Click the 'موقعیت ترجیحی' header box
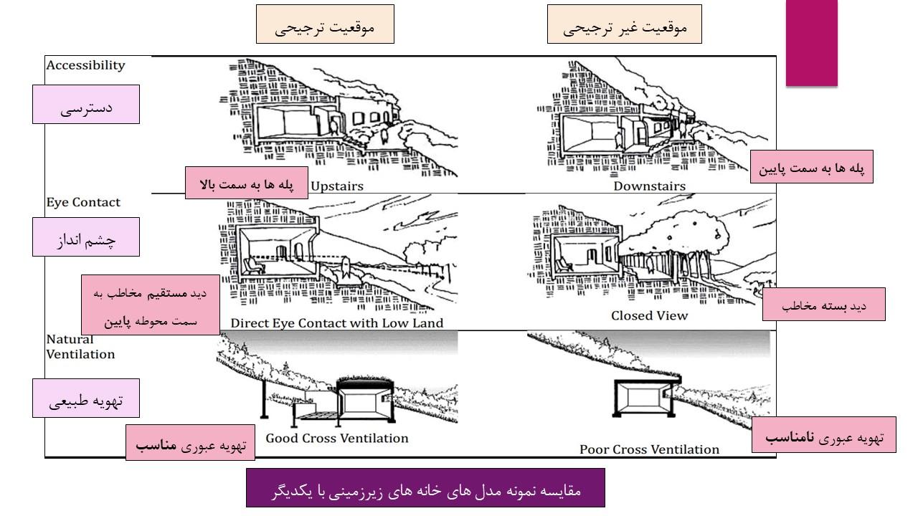coord(325,24)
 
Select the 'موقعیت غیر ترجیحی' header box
coord(624,24)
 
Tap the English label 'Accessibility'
coord(85,65)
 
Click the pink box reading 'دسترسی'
coord(86,105)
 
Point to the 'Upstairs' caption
coord(337,186)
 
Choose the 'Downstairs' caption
coord(649,186)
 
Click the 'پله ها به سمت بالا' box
coord(246,183)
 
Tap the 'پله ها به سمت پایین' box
coord(811,167)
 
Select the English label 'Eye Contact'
coord(83,202)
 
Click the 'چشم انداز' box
coord(86,237)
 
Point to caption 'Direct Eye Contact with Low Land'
coord(337,323)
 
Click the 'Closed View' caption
coord(649,316)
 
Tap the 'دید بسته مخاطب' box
coord(824,305)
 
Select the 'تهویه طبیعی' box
coord(86,398)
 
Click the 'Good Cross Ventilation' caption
coord(337,438)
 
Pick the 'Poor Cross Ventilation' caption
coord(649,449)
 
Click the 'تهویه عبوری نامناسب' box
coord(824,435)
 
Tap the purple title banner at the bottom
coord(425,488)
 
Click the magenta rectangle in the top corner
coord(811,43)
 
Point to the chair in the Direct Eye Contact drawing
coord(254,266)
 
